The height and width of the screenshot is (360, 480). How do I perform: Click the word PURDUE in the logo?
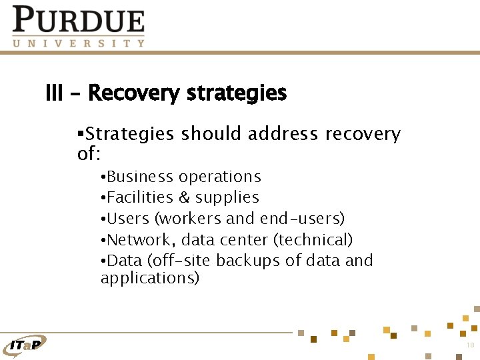pyautogui.click(x=78, y=20)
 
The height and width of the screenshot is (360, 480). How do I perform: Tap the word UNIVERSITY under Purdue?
pyautogui.click(x=78, y=43)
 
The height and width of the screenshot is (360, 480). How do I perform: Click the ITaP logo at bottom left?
pyautogui.click(x=25, y=344)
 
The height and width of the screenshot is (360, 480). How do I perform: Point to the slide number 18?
pyautogui.click(x=470, y=345)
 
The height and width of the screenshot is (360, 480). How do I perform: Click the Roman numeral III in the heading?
pyautogui.click(x=54, y=93)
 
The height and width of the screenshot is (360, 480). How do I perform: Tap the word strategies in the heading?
pyautogui.click(x=237, y=93)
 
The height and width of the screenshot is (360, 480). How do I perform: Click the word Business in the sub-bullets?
pyautogui.click(x=139, y=177)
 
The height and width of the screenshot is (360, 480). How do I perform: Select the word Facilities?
pyautogui.click(x=140, y=197)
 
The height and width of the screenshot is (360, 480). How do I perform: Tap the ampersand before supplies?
pyautogui.click(x=184, y=197)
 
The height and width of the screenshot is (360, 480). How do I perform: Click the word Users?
pyautogui.click(x=127, y=219)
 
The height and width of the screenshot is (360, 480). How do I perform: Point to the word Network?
pyautogui.click(x=141, y=239)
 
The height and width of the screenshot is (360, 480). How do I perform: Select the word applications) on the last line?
pyautogui.click(x=149, y=278)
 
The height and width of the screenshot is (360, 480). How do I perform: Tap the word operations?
pyautogui.click(x=220, y=177)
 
